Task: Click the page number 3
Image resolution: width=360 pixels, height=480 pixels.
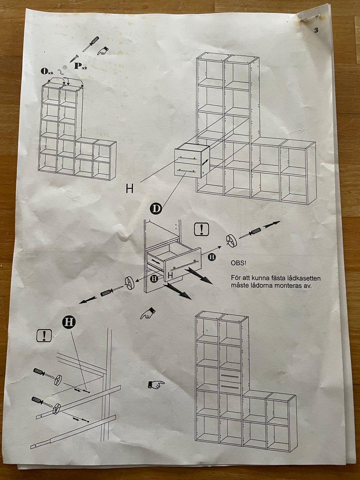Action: [x=316, y=31]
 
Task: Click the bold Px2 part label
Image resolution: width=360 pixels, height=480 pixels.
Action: [x=80, y=66]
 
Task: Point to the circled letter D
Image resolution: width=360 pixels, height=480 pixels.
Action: [x=156, y=208]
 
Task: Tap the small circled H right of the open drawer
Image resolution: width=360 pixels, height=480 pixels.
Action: [x=212, y=256]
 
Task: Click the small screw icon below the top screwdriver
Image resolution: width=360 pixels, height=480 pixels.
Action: [x=73, y=59]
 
